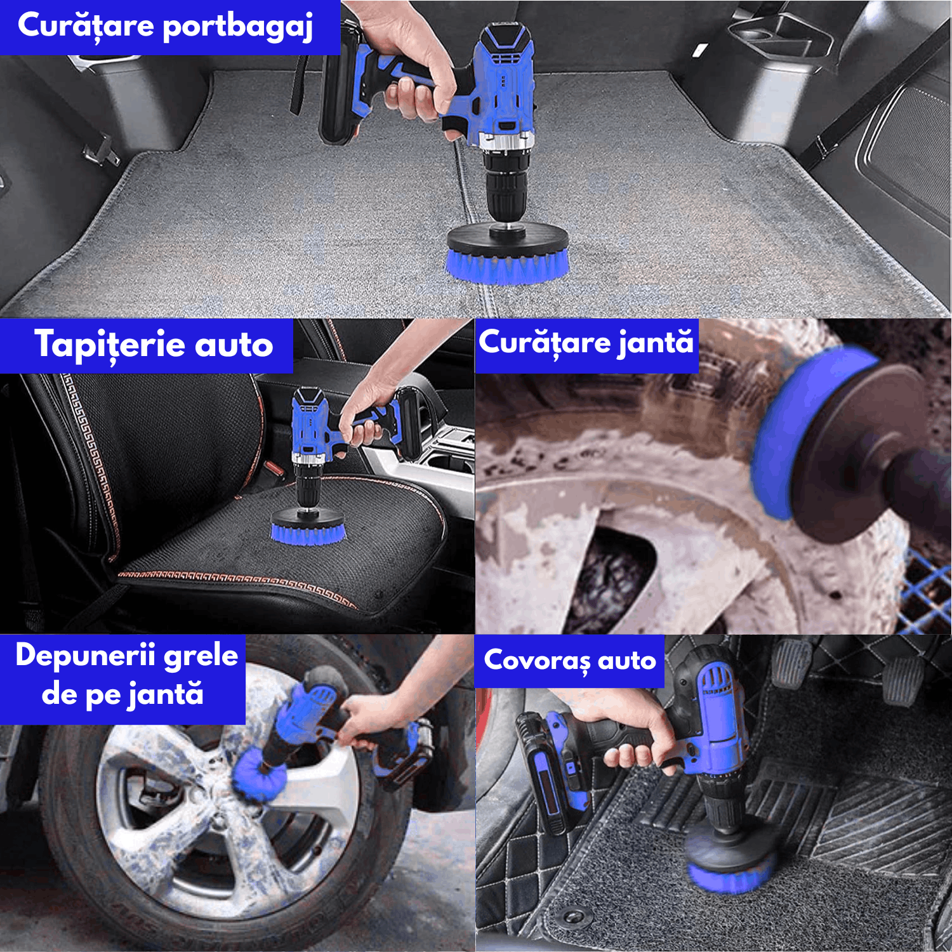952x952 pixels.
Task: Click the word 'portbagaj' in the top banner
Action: click(238, 27)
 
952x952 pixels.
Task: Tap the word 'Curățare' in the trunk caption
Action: click(86, 27)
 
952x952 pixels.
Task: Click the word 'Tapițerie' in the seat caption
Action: click(109, 345)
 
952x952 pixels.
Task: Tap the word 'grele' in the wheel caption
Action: click(201, 655)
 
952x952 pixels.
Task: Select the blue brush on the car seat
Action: click(308, 532)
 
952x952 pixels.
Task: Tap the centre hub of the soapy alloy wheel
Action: click(219, 819)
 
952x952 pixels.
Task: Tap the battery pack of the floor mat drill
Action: click(546, 774)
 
